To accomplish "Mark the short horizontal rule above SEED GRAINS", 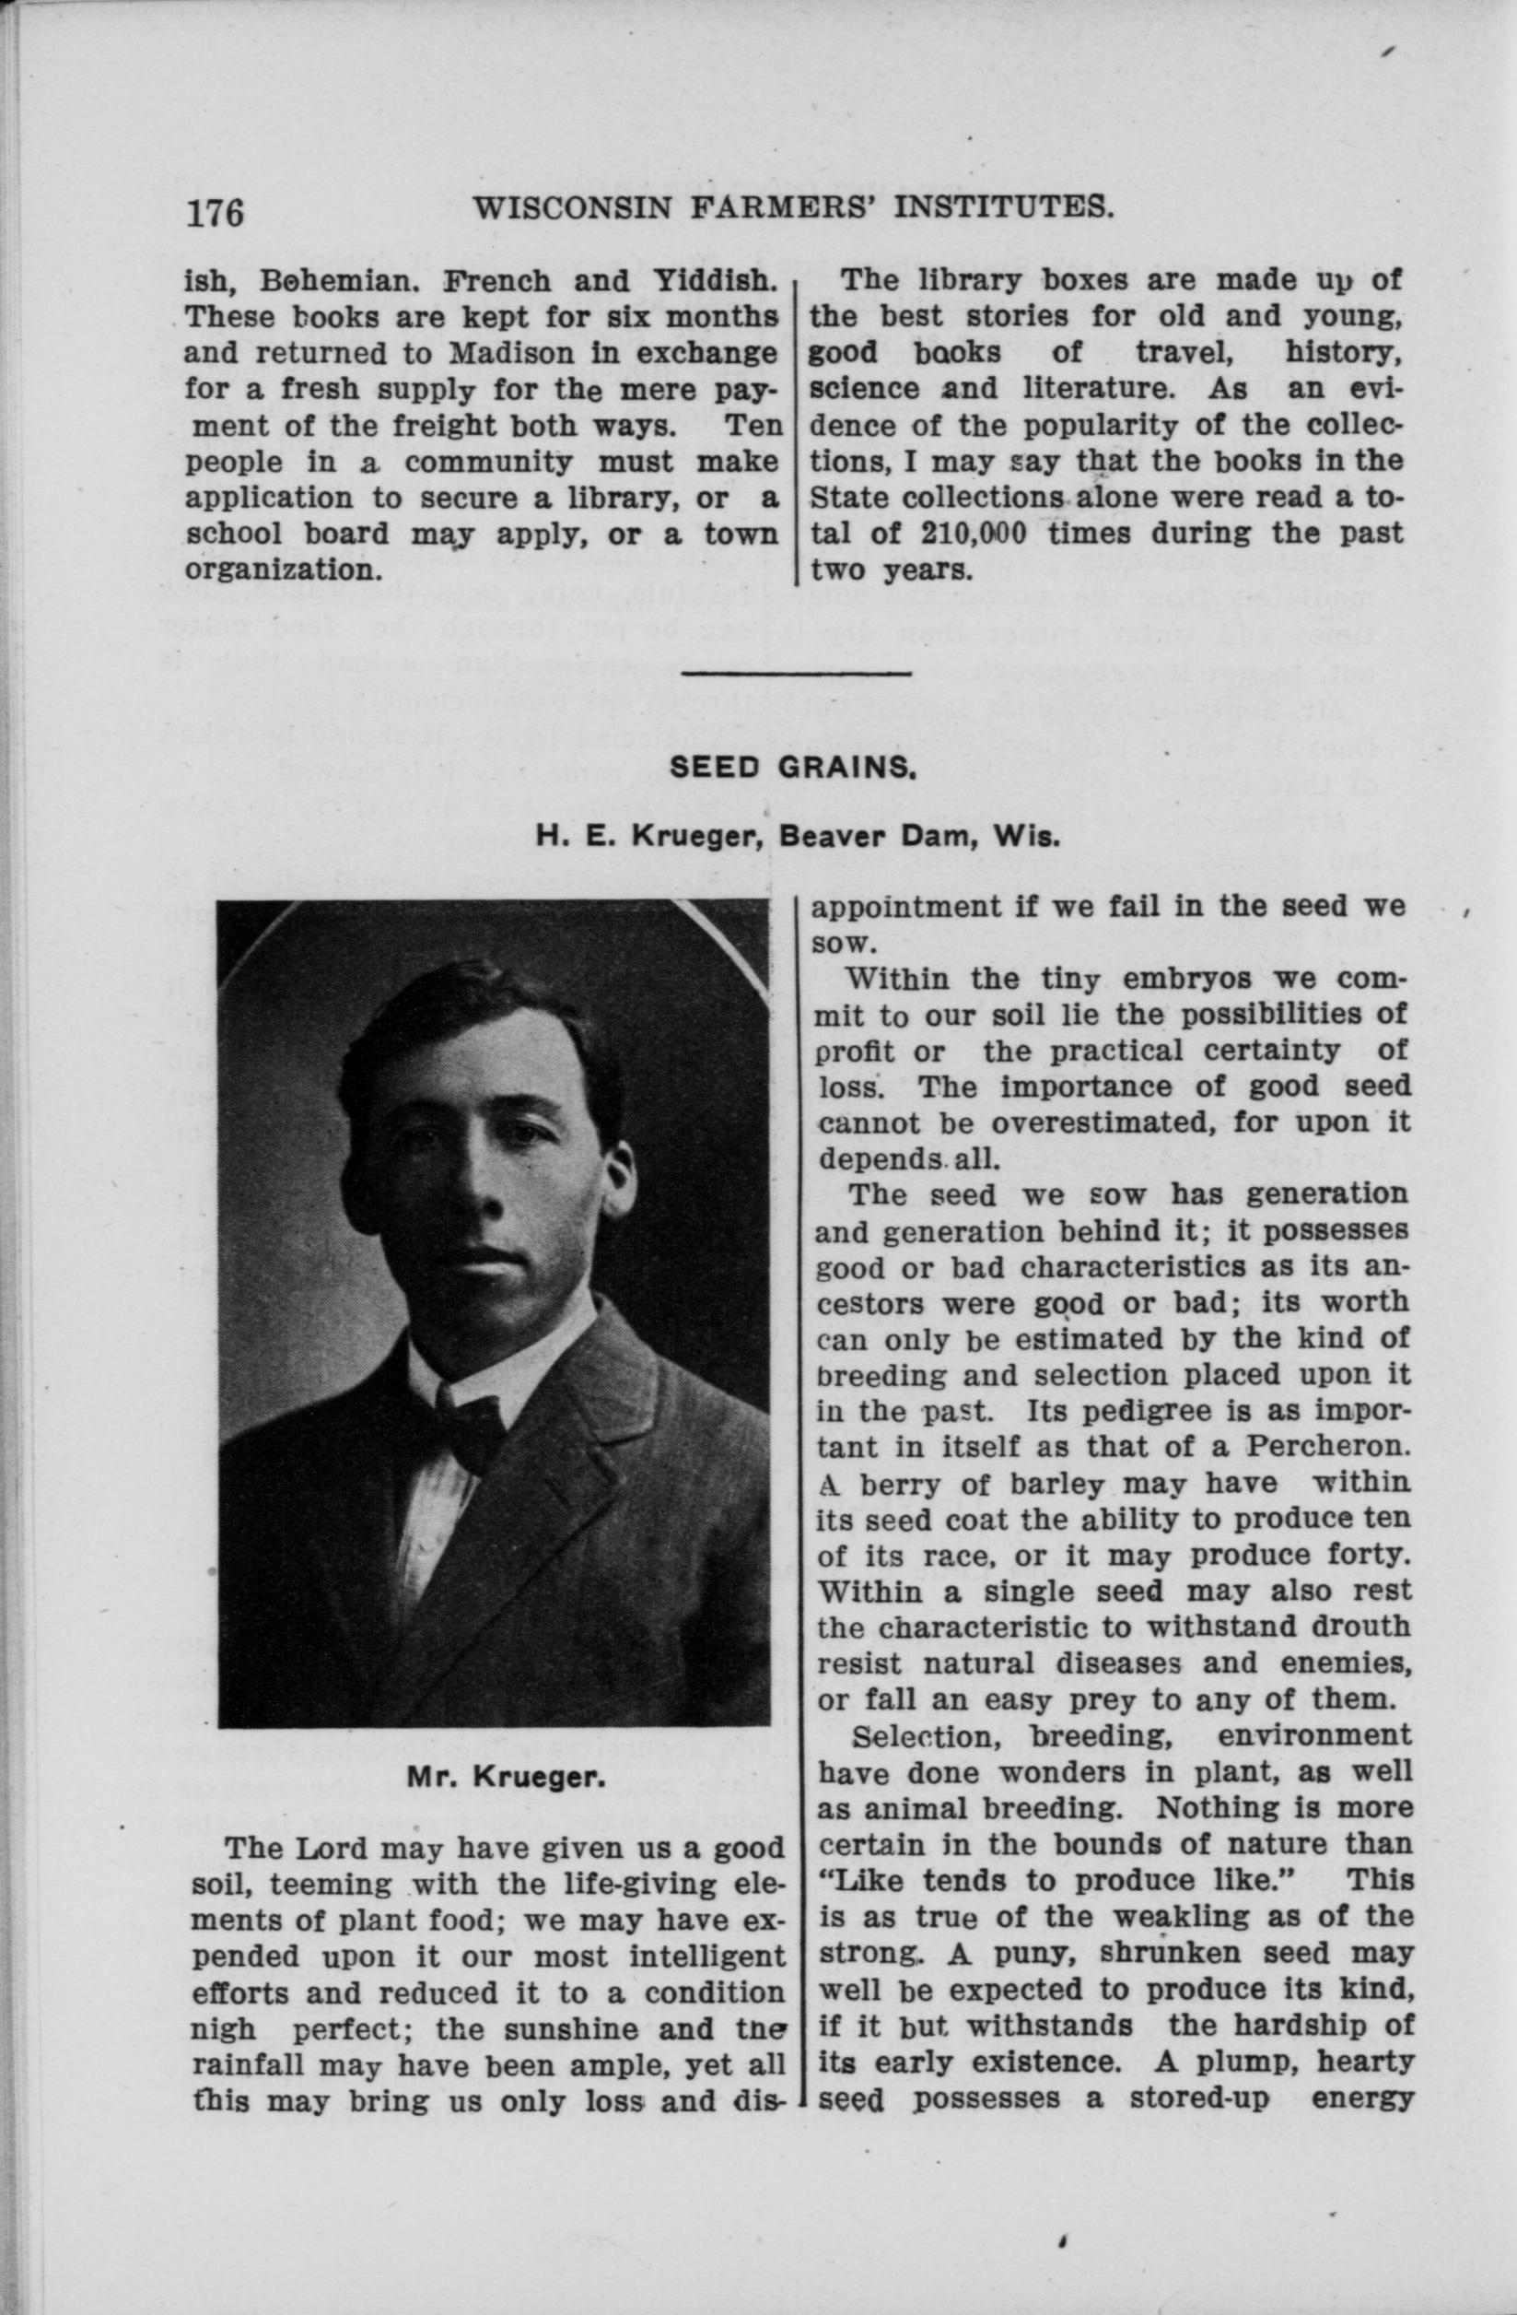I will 797,672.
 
